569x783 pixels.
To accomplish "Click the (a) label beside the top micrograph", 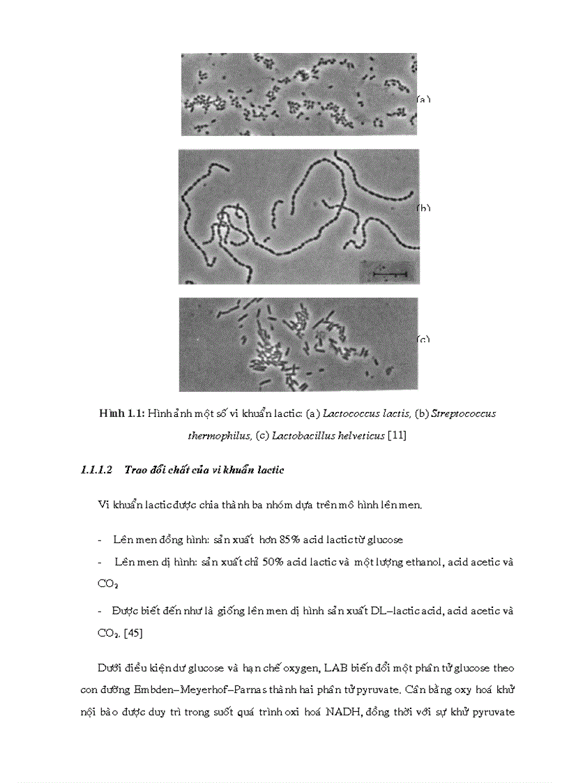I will click(424, 100).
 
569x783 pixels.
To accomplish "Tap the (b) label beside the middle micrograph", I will click(424, 208).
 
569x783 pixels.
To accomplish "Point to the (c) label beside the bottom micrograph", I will click(424, 340).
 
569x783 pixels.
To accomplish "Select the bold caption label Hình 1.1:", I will click(122, 413).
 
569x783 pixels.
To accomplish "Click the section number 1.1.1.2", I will click(97, 470).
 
